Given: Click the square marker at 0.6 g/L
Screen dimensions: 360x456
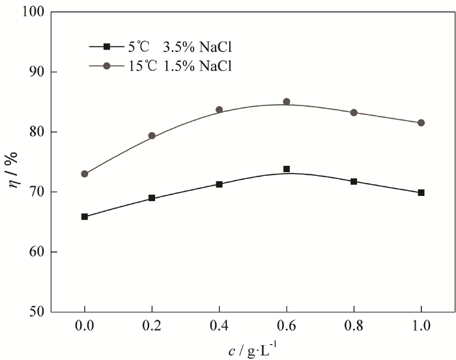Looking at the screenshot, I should [286, 169].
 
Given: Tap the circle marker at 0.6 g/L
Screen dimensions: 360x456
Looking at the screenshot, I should [286, 102].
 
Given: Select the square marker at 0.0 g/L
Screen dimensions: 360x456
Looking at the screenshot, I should [85, 217].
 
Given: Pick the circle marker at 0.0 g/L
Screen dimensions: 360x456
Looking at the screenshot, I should [85, 174].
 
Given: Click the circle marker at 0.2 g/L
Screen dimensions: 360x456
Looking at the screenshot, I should [152, 136].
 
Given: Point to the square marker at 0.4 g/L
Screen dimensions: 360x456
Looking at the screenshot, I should [219, 184].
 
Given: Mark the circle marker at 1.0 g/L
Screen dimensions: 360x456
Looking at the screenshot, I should [421, 122].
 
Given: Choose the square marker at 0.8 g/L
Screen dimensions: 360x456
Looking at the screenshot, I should [354, 182].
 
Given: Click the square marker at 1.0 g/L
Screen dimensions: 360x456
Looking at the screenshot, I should [421, 193].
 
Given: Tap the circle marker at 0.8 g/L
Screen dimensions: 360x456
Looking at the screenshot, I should [354, 113].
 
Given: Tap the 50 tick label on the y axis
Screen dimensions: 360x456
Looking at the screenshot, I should [38, 312].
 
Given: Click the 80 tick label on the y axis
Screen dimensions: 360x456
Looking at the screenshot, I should [38, 132].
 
